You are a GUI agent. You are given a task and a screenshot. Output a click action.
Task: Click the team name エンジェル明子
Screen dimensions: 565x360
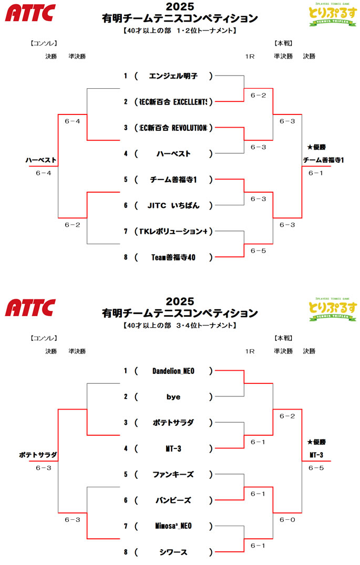[173, 76]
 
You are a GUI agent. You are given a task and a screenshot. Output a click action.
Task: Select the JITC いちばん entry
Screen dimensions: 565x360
[173, 206]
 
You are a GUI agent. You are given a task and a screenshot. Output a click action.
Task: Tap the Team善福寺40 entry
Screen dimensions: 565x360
[173, 257]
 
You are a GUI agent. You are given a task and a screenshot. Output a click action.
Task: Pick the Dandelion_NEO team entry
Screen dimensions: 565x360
[173, 371]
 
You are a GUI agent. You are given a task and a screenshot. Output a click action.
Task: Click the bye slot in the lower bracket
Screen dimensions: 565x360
[173, 397]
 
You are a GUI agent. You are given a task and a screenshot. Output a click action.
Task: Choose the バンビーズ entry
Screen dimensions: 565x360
[173, 500]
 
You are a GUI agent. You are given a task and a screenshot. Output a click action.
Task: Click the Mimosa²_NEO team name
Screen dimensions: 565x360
[173, 526]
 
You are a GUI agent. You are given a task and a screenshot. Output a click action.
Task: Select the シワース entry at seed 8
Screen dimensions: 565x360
[173, 552]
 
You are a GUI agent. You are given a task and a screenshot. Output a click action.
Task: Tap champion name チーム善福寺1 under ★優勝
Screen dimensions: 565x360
[323, 160]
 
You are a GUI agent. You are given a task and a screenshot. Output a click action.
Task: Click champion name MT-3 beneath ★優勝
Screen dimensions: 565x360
[316, 455]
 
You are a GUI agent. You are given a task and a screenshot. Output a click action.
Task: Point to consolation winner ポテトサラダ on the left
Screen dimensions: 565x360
[38, 455]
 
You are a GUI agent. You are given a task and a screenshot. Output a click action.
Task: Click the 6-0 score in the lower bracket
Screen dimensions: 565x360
[287, 520]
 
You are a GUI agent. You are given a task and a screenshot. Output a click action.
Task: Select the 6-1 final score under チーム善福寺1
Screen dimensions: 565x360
[316, 173]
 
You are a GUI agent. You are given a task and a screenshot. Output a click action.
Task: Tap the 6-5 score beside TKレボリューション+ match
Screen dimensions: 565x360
[258, 251]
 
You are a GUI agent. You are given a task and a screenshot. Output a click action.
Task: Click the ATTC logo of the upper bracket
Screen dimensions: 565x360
[30, 13]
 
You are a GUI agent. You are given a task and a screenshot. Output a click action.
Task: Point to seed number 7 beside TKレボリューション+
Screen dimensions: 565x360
[126, 232]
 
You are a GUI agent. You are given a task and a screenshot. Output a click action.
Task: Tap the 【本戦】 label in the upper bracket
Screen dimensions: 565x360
[283, 44]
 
